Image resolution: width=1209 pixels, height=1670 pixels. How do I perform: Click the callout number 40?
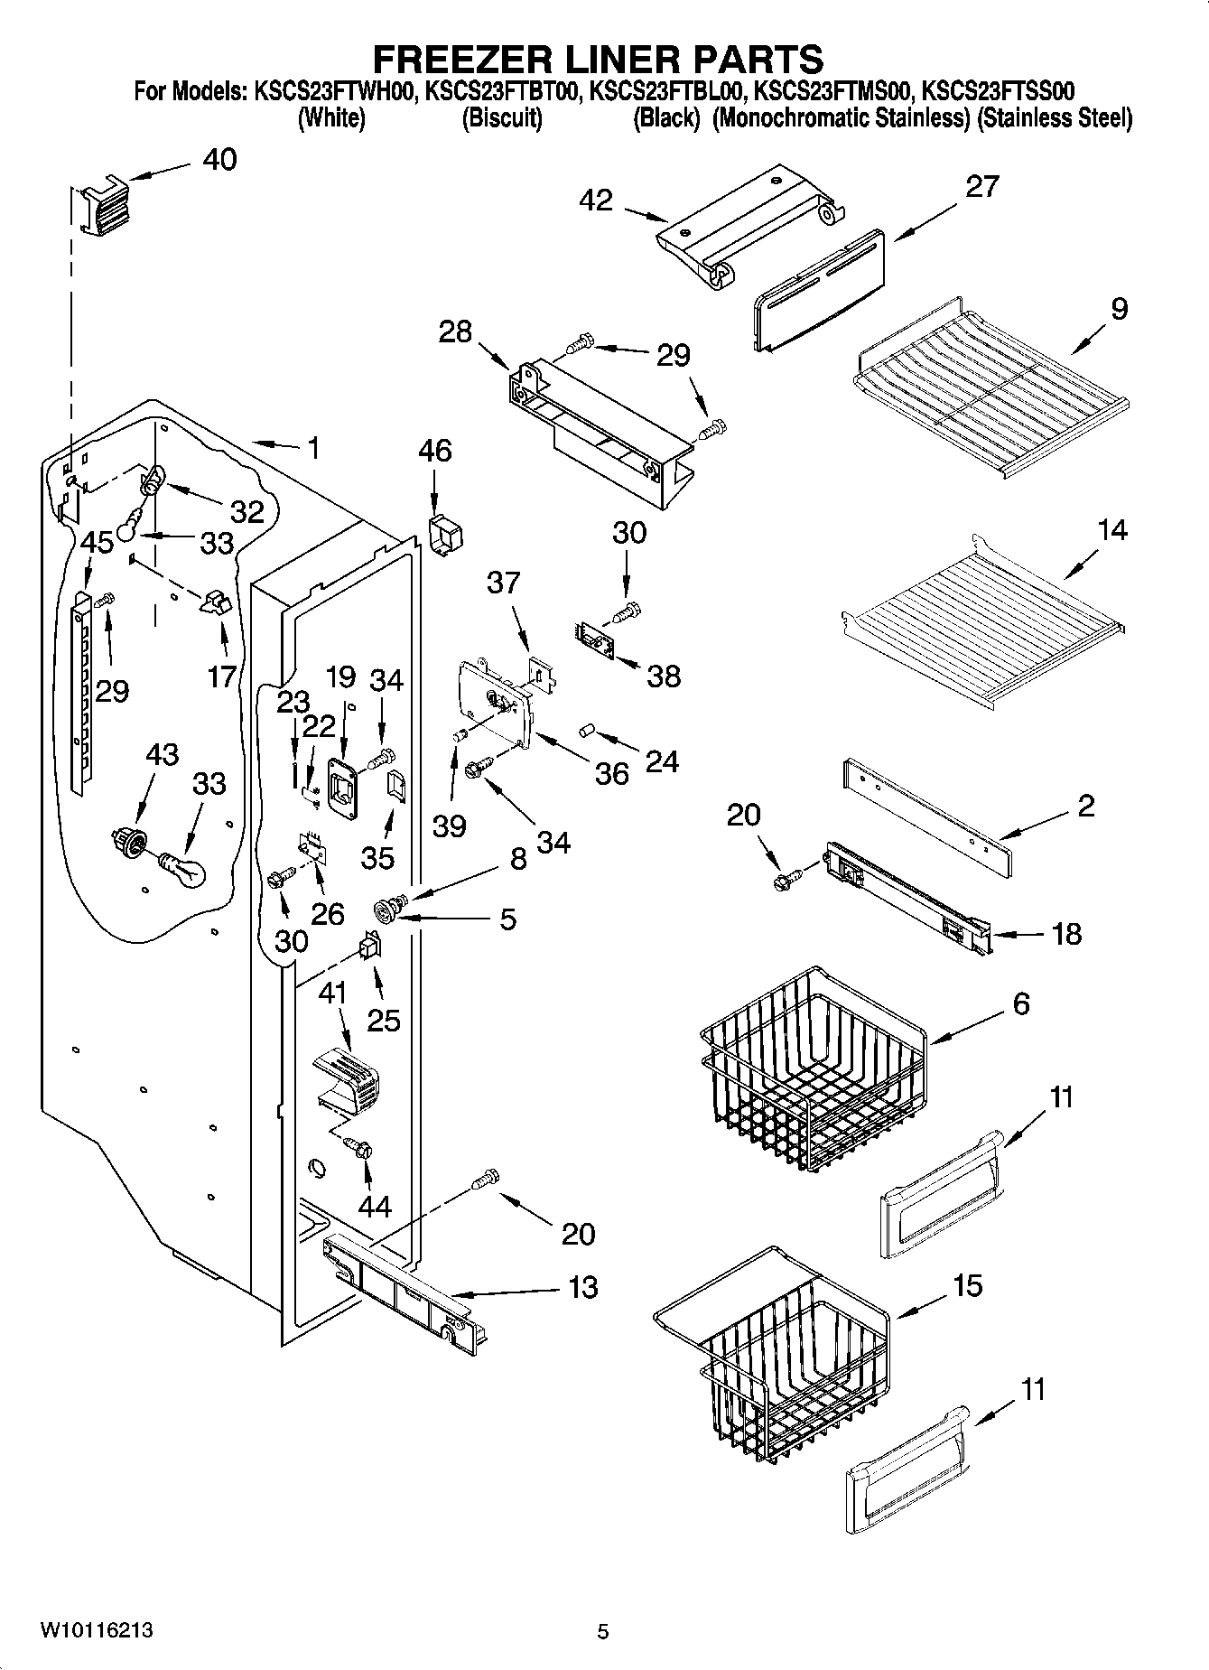tap(219, 160)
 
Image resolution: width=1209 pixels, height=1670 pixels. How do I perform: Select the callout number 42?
tap(597, 201)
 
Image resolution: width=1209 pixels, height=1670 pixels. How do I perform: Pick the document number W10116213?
tap(96, 1630)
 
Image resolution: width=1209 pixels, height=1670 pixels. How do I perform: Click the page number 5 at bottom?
tap(603, 1631)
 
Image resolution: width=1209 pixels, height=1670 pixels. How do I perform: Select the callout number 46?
tap(435, 451)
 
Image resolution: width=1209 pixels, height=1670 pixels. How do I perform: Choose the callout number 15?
tap(967, 1286)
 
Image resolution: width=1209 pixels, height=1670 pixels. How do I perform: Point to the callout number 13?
tap(583, 1287)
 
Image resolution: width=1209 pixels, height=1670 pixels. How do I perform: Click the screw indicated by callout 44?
tap(361, 1149)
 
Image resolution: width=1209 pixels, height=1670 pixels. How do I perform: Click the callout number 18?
tap(1066, 934)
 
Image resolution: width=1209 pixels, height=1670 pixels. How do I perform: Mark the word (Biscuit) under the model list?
tap(502, 118)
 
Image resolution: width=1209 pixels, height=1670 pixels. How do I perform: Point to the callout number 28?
tap(455, 331)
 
